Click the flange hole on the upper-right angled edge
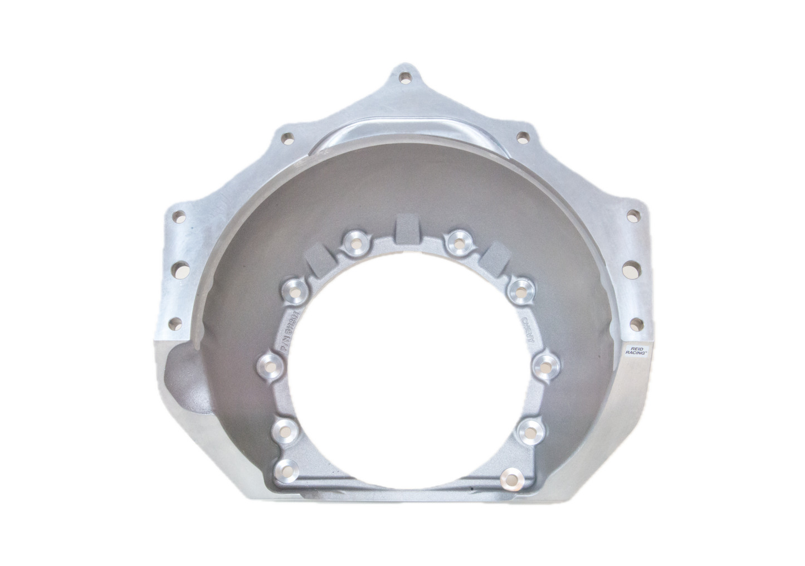tap(521, 136)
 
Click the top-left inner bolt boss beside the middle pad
tap(353, 242)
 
